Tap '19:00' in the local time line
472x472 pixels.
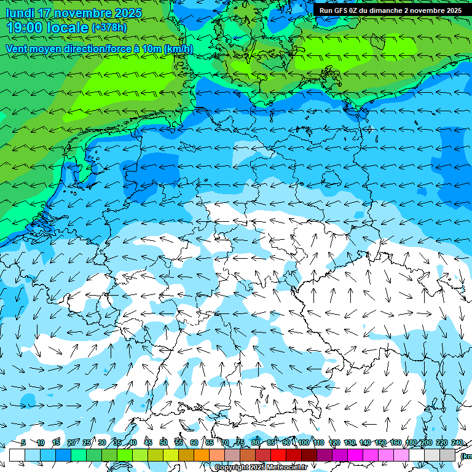(x=25, y=28)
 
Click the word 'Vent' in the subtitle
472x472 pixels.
(x=17, y=49)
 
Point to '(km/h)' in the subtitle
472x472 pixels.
(x=178, y=49)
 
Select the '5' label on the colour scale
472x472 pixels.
(x=23, y=442)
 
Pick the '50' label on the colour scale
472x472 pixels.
(x=163, y=442)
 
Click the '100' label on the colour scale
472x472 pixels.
(x=303, y=442)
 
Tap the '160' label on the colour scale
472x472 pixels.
(x=396, y=442)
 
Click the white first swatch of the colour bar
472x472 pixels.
(x=17, y=455)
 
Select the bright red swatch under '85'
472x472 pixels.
(x=278, y=455)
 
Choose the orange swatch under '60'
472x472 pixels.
(x=202, y=455)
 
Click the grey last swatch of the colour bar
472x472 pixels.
(x=447, y=455)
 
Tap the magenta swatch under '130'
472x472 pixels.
(x=355, y=455)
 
